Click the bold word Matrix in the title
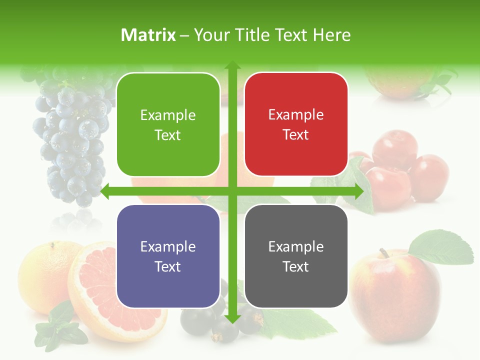(x=148, y=35)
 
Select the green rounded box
(x=168, y=124)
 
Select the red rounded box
(x=296, y=124)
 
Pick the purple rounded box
(x=168, y=256)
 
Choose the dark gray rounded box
(x=296, y=256)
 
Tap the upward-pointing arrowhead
(x=232, y=65)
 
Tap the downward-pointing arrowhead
(x=232, y=319)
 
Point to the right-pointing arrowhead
(x=359, y=191)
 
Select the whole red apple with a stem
(x=395, y=295)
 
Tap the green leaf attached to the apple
(x=442, y=247)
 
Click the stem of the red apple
(x=384, y=252)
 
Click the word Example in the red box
(x=296, y=115)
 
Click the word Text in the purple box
(x=168, y=266)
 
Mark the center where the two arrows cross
(x=232, y=191)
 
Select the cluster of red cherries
(x=400, y=170)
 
